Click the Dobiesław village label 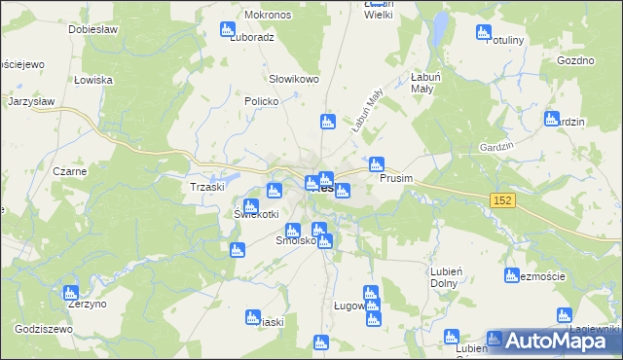tap(93, 28)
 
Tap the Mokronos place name tap(268, 16)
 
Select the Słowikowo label tap(294, 79)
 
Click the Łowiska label tap(93, 79)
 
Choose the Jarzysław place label tap(36, 100)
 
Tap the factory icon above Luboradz tap(228, 29)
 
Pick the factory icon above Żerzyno tap(69, 292)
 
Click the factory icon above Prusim tap(376, 163)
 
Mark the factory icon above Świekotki tap(250, 206)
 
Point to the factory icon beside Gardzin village tap(551, 120)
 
